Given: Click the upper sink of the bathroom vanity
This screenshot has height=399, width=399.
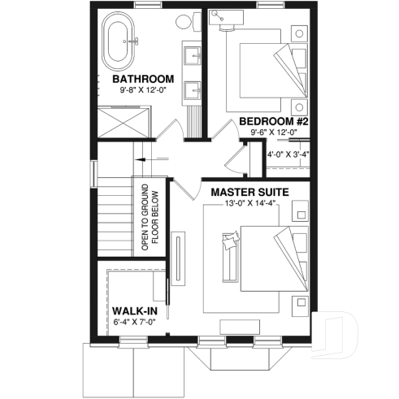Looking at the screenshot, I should point(192,57).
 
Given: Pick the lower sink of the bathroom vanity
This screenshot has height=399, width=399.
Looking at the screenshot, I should point(192,89).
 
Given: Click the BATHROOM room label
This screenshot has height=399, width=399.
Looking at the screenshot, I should point(144,79).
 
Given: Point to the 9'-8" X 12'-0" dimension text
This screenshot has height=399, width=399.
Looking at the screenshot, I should point(143,89).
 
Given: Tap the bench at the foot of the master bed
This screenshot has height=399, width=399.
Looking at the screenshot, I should point(232,255).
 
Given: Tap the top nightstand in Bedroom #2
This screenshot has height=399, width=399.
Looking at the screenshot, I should point(298,34).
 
